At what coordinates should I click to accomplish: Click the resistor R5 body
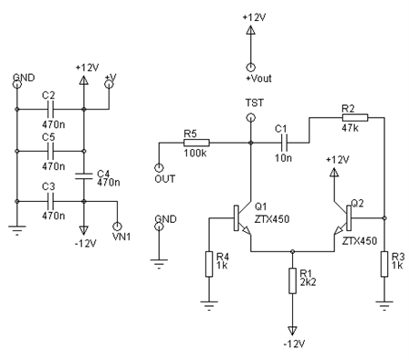[196, 143]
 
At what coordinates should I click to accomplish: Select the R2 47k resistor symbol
[355, 118]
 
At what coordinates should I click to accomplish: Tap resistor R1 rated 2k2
[292, 281]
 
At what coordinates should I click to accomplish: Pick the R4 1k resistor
[209, 264]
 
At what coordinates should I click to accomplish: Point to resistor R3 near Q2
[384, 264]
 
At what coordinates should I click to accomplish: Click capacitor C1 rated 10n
[284, 143]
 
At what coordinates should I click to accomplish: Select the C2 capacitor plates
[50, 109]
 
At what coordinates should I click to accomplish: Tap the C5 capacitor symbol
[50, 151]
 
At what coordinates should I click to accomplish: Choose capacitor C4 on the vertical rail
[84, 176]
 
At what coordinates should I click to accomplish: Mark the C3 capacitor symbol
[50, 201]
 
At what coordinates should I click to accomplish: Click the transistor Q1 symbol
[242, 218]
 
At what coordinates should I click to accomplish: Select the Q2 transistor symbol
[342, 218]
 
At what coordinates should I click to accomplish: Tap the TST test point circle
[250, 118]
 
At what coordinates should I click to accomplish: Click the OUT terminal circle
[159, 168]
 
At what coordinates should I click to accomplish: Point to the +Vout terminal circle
[250, 68]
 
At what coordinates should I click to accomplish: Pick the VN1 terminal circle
[117, 227]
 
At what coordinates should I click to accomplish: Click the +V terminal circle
[109, 84]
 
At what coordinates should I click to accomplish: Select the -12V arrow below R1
[292, 331]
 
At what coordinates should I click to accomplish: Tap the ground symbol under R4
[209, 305]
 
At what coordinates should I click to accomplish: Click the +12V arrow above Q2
[334, 173]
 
